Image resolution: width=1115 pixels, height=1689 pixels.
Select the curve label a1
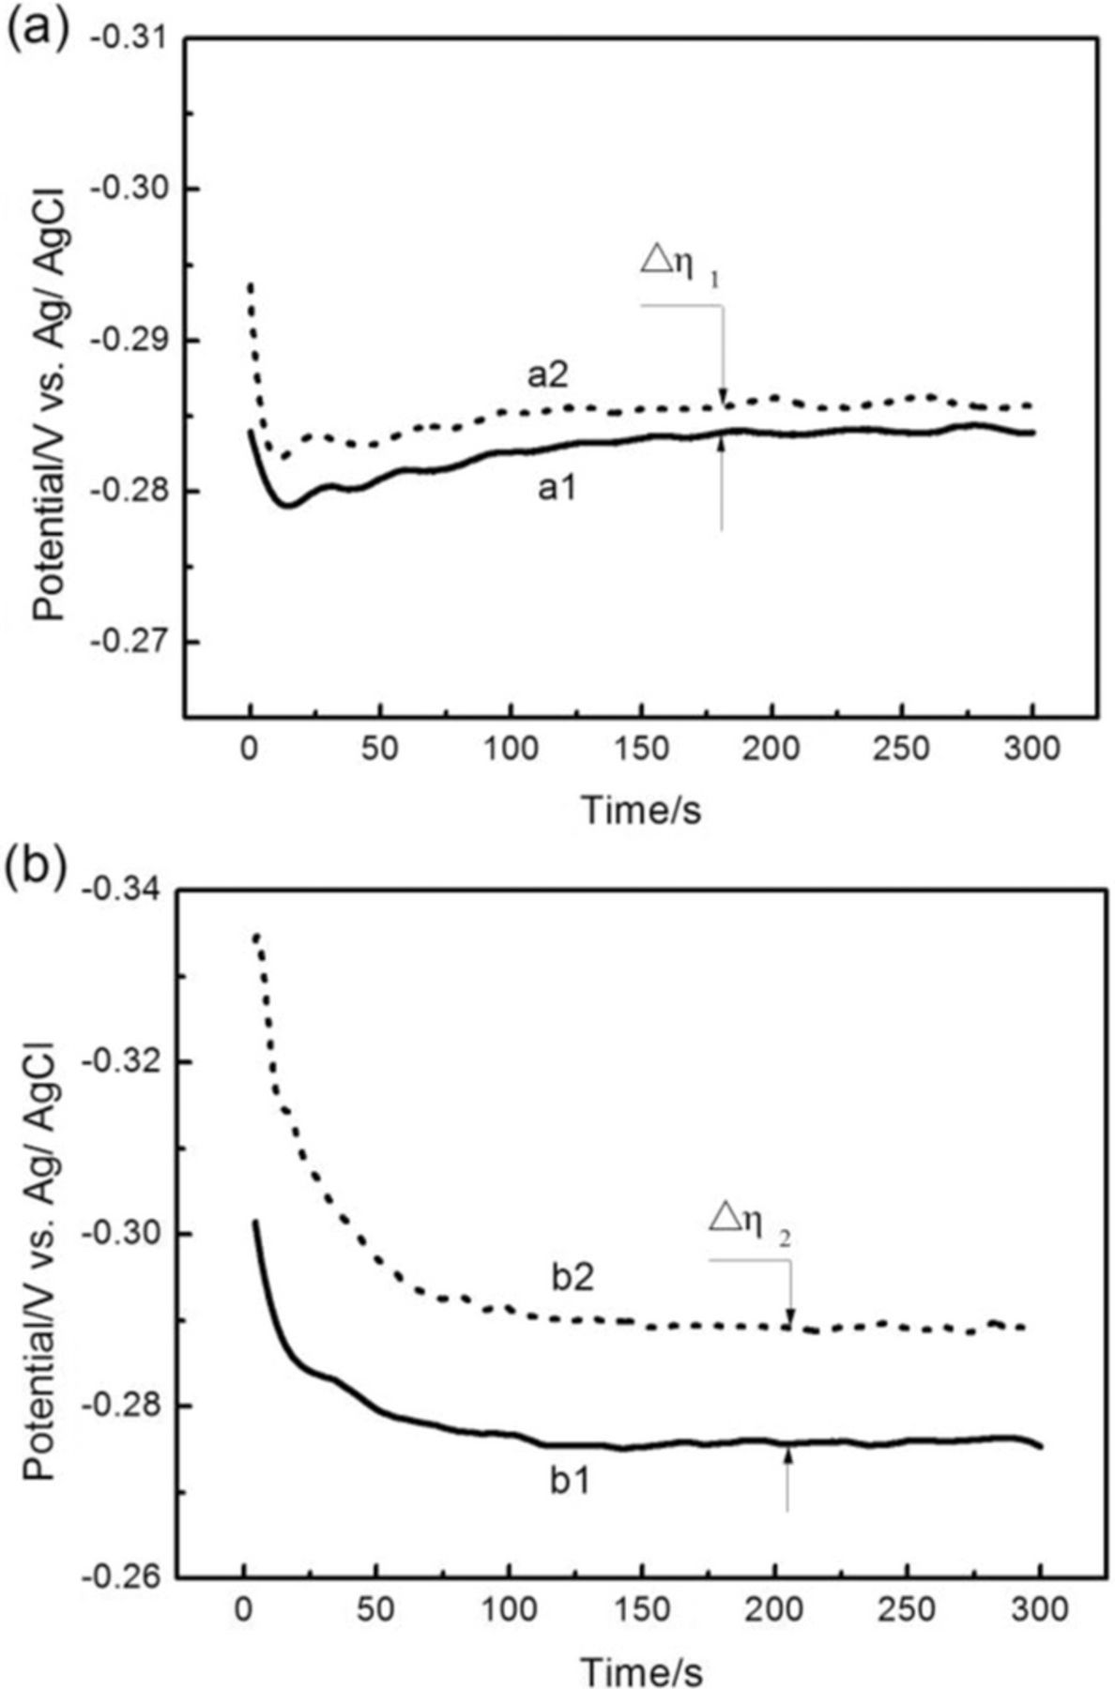pyautogui.click(x=557, y=489)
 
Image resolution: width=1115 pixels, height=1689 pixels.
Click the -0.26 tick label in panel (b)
pyautogui.click(x=121, y=1577)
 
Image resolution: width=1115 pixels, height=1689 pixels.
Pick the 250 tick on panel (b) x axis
pyautogui.click(x=909, y=1609)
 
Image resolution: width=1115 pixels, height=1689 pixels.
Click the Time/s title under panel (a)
pyautogui.click(x=641, y=809)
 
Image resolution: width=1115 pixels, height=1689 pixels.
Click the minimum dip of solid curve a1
pyautogui.click(x=289, y=505)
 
